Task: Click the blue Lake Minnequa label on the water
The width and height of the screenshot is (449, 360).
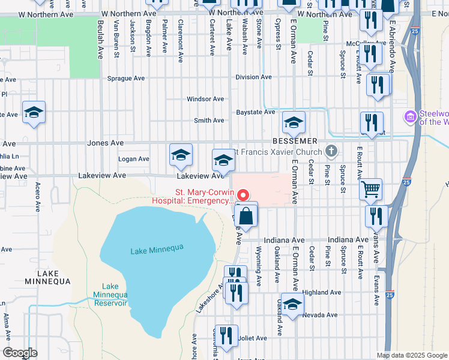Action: point(156,250)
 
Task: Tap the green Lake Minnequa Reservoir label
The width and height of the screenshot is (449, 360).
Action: point(110,295)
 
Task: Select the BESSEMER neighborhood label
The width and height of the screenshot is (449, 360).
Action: point(294,140)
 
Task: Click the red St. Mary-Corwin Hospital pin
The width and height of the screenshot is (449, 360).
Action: point(243,194)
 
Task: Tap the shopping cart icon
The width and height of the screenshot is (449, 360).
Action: point(370,189)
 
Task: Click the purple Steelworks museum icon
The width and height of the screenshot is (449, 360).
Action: point(411,116)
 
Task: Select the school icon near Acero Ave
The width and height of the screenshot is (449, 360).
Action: point(34,112)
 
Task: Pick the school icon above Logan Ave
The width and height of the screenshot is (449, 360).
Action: point(181,155)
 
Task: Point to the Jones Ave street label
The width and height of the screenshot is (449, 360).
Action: point(105,143)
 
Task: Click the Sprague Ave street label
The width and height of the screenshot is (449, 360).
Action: point(126,78)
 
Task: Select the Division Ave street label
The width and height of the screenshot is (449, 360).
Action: point(253,77)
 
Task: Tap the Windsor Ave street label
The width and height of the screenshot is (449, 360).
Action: point(205,99)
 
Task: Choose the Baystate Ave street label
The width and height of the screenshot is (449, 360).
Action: point(255,112)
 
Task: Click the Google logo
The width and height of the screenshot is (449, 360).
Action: point(20,353)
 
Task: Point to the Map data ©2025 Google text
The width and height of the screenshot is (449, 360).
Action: point(411,355)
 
